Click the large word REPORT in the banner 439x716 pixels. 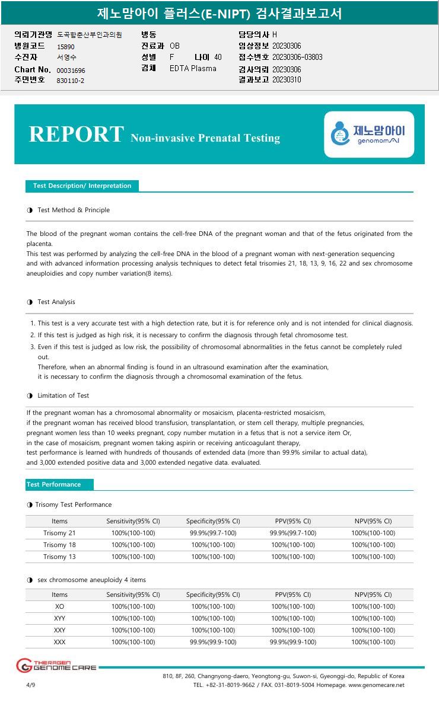pos(76,135)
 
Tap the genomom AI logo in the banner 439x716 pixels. pos(369,134)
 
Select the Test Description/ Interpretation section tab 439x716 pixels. pos(82,186)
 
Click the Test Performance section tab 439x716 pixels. pos(54,484)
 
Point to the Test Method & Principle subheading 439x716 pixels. pos(73,210)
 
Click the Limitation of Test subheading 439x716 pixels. pos(63,395)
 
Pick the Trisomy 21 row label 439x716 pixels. pos(59,533)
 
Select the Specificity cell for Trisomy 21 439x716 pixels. pos(213,533)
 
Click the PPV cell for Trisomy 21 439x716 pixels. pos(293,533)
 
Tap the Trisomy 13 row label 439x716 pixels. pos(59,557)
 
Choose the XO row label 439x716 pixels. pos(59,606)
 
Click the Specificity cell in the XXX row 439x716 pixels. pos(213,642)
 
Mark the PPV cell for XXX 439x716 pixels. pos(293,642)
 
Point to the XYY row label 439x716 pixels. pos(59,618)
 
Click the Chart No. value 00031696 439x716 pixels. pos(71,71)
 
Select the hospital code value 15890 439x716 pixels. pos(66,46)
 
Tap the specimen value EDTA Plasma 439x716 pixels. pos(193,68)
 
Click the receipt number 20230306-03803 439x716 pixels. pos(297,57)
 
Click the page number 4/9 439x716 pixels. pos(31,685)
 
